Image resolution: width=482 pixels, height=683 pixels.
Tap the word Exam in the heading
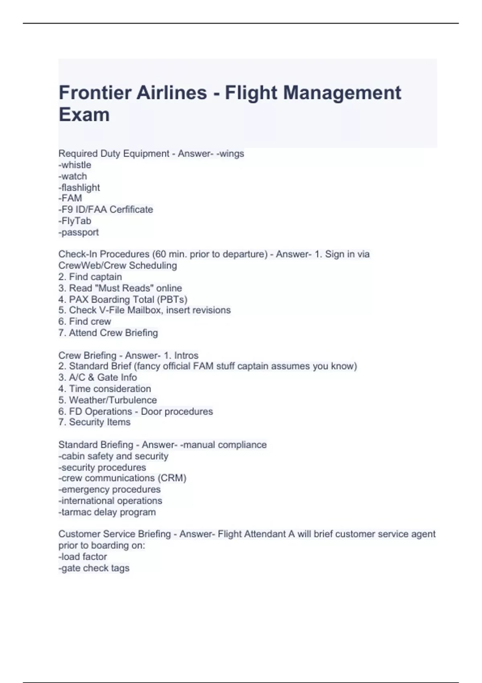point(84,115)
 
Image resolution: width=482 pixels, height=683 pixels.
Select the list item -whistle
point(75,165)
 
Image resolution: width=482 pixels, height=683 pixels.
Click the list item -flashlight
point(79,188)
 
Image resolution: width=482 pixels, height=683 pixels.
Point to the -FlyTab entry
point(75,221)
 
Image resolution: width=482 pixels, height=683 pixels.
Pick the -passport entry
point(79,232)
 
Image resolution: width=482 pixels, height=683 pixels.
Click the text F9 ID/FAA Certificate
point(107,210)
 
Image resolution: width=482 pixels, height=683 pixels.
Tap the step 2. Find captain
point(90,277)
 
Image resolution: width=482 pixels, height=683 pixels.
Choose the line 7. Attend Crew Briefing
point(108,333)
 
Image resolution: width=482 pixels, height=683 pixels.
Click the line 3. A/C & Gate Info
point(98,377)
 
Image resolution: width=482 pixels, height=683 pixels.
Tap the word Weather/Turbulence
point(113,400)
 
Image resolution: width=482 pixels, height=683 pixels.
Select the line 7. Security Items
point(94,422)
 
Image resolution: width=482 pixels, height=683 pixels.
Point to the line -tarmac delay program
point(107,512)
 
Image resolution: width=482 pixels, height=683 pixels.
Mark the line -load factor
point(83,557)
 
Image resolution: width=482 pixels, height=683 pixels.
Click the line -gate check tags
point(94,568)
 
